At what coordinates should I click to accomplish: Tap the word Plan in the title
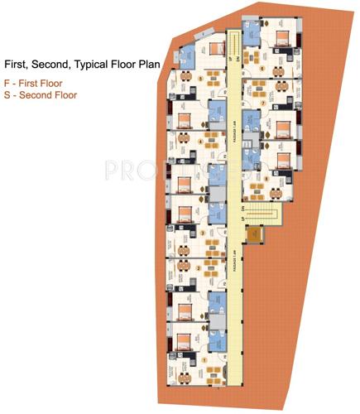(157, 63)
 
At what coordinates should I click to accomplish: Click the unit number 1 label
(204, 359)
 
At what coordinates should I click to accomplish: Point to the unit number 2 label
(199, 267)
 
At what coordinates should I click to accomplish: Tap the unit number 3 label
(203, 233)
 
